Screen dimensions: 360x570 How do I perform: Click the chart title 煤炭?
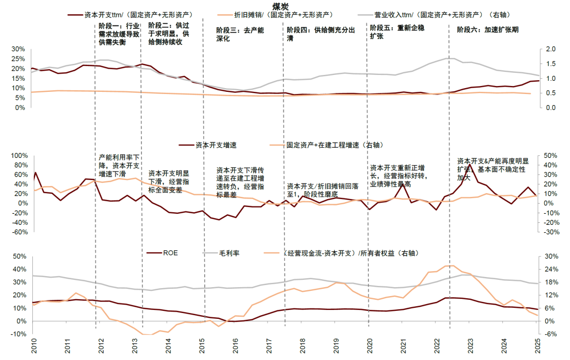click(x=280, y=5)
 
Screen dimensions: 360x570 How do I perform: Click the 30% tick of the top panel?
click(x=17, y=49)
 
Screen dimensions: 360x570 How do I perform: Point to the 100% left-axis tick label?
click(x=16, y=156)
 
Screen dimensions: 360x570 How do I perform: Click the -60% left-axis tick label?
click(x=17, y=232)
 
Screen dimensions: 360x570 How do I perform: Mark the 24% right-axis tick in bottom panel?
click(x=547, y=269)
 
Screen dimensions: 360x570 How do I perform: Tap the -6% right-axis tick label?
click(x=547, y=334)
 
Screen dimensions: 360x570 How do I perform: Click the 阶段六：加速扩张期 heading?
click(x=487, y=30)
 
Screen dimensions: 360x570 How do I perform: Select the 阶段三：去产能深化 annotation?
click(x=240, y=34)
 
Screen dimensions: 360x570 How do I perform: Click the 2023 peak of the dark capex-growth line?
click(x=470, y=165)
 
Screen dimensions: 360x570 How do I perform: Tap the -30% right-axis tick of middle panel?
click(x=549, y=232)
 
